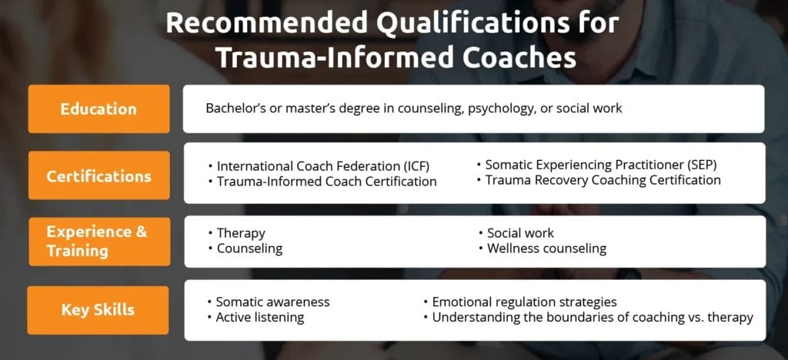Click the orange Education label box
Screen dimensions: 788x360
tap(98, 109)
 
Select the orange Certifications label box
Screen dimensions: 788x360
tap(99, 175)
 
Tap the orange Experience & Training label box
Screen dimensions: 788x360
tap(99, 242)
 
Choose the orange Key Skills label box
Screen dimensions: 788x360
tap(98, 310)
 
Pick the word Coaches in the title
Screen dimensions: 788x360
tap(519, 58)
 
